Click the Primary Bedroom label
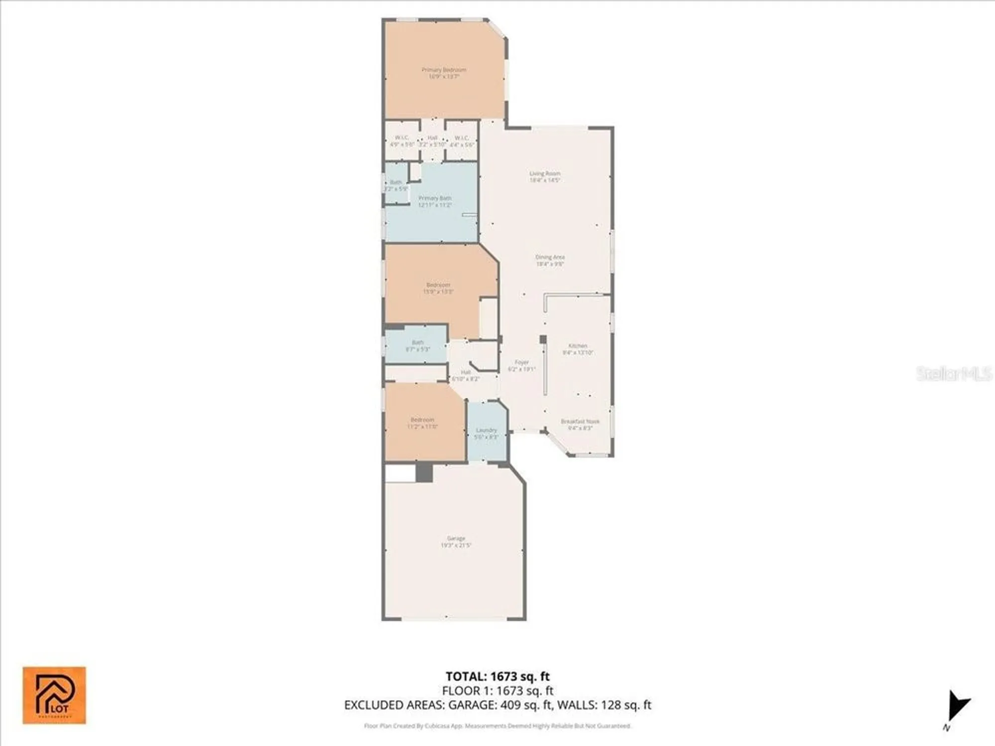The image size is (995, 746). point(444,73)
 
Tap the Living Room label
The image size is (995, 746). point(545,177)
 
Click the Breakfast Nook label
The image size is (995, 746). point(580,424)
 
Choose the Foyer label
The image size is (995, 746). point(521,366)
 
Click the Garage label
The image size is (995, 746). point(456,542)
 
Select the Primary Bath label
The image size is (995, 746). point(435,201)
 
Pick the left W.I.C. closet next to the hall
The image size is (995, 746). point(402,141)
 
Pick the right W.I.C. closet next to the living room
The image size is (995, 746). point(462,141)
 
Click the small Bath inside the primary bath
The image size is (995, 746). point(396,186)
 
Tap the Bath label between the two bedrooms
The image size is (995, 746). point(417,346)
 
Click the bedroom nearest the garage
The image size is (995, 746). point(422,423)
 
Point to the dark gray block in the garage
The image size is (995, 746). point(424,472)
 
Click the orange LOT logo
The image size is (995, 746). point(54,695)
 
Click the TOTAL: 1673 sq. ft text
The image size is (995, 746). point(497,676)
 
